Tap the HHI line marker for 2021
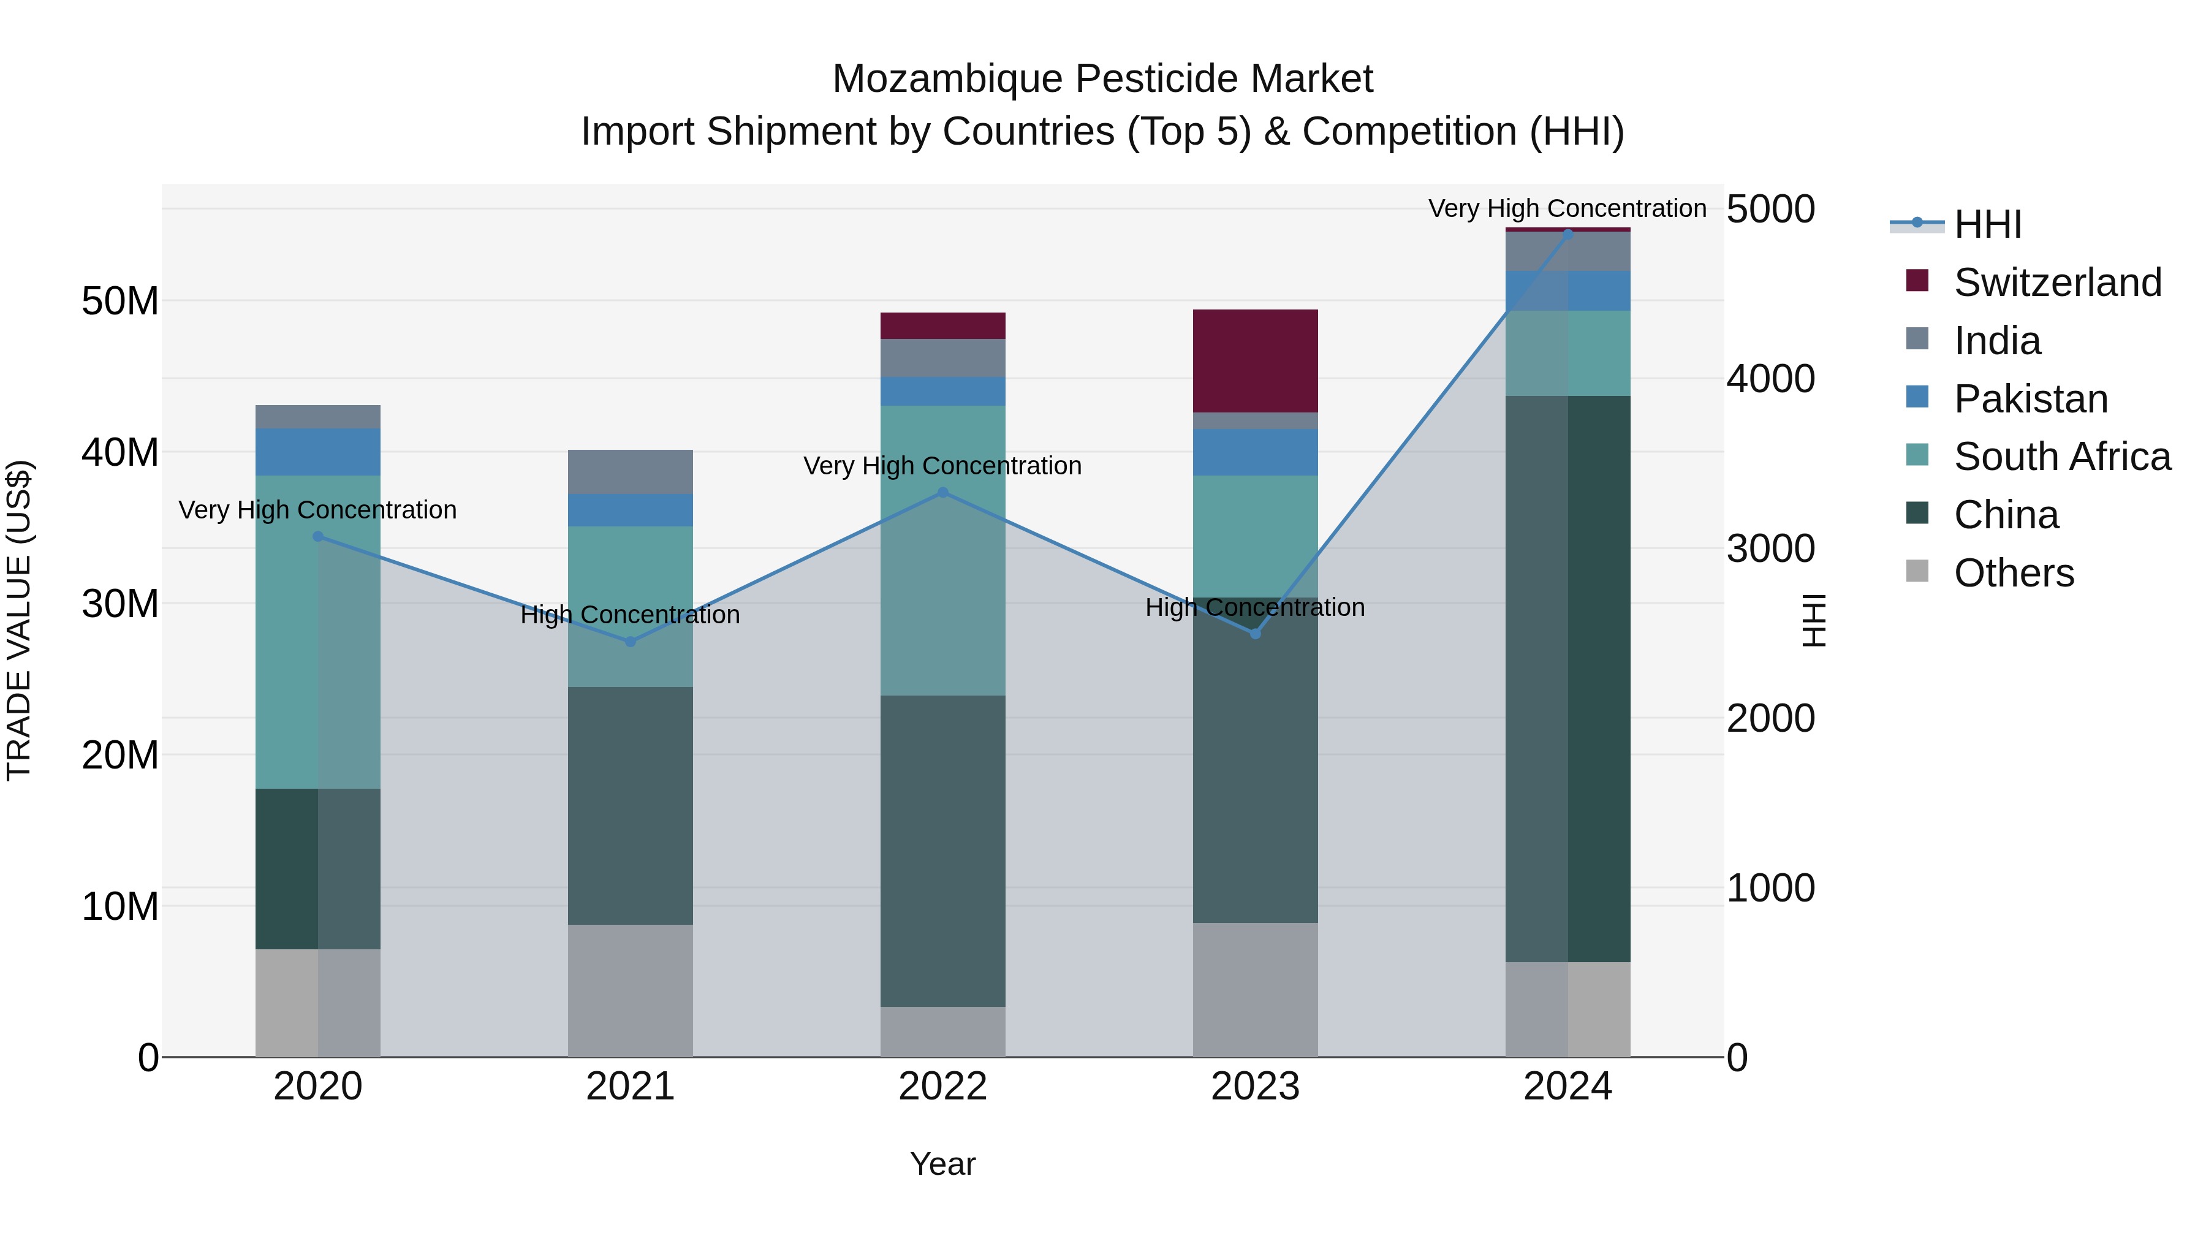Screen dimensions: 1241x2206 pyautogui.click(x=631, y=642)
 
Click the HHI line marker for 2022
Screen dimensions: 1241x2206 pyautogui.click(x=943, y=493)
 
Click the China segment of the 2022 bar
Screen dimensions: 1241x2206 pyautogui.click(x=943, y=851)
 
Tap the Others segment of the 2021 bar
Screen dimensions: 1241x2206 pyautogui.click(x=631, y=990)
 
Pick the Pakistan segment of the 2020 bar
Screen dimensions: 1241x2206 pyautogui.click(x=317, y=452)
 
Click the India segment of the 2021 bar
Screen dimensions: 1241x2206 pyautogui.click(x=631, y=472)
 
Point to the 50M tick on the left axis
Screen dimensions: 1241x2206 pyautogui.click(x=120, y=302)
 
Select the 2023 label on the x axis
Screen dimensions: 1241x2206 pyautogui.click(x=1256, y=1087)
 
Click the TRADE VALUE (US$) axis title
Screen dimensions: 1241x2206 pyautogui.click(x=19, y=620)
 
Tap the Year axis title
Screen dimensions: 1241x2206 pyautogui.click(x=943, y=1164)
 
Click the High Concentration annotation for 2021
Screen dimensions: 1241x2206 pyautogui.click(x=631, y=615)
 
